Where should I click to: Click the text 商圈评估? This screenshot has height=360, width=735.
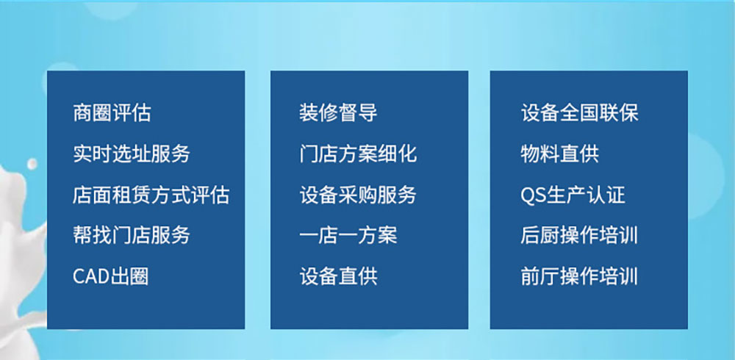112,113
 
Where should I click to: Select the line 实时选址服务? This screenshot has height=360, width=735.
132,154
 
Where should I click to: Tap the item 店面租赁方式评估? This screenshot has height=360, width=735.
151,195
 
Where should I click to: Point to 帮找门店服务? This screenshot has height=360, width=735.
132,235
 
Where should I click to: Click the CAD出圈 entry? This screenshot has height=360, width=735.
111,276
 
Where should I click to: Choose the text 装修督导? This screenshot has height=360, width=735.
338,113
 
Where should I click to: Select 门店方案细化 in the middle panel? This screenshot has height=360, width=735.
358,154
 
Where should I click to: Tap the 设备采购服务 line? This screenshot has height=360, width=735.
358,195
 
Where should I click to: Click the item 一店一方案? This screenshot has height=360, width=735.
348,235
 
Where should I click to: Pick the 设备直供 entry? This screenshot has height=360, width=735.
338,276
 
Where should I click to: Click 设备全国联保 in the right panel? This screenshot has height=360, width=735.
580,113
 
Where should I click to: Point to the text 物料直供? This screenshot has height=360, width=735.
559,154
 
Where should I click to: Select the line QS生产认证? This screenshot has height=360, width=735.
573,195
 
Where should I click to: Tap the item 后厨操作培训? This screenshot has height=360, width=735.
579,235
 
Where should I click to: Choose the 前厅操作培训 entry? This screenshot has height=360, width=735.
579,276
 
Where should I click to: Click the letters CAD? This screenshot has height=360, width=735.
91,277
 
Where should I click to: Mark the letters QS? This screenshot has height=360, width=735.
534,195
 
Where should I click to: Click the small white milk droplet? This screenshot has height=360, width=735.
32,164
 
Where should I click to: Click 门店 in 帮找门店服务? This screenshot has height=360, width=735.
132,235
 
